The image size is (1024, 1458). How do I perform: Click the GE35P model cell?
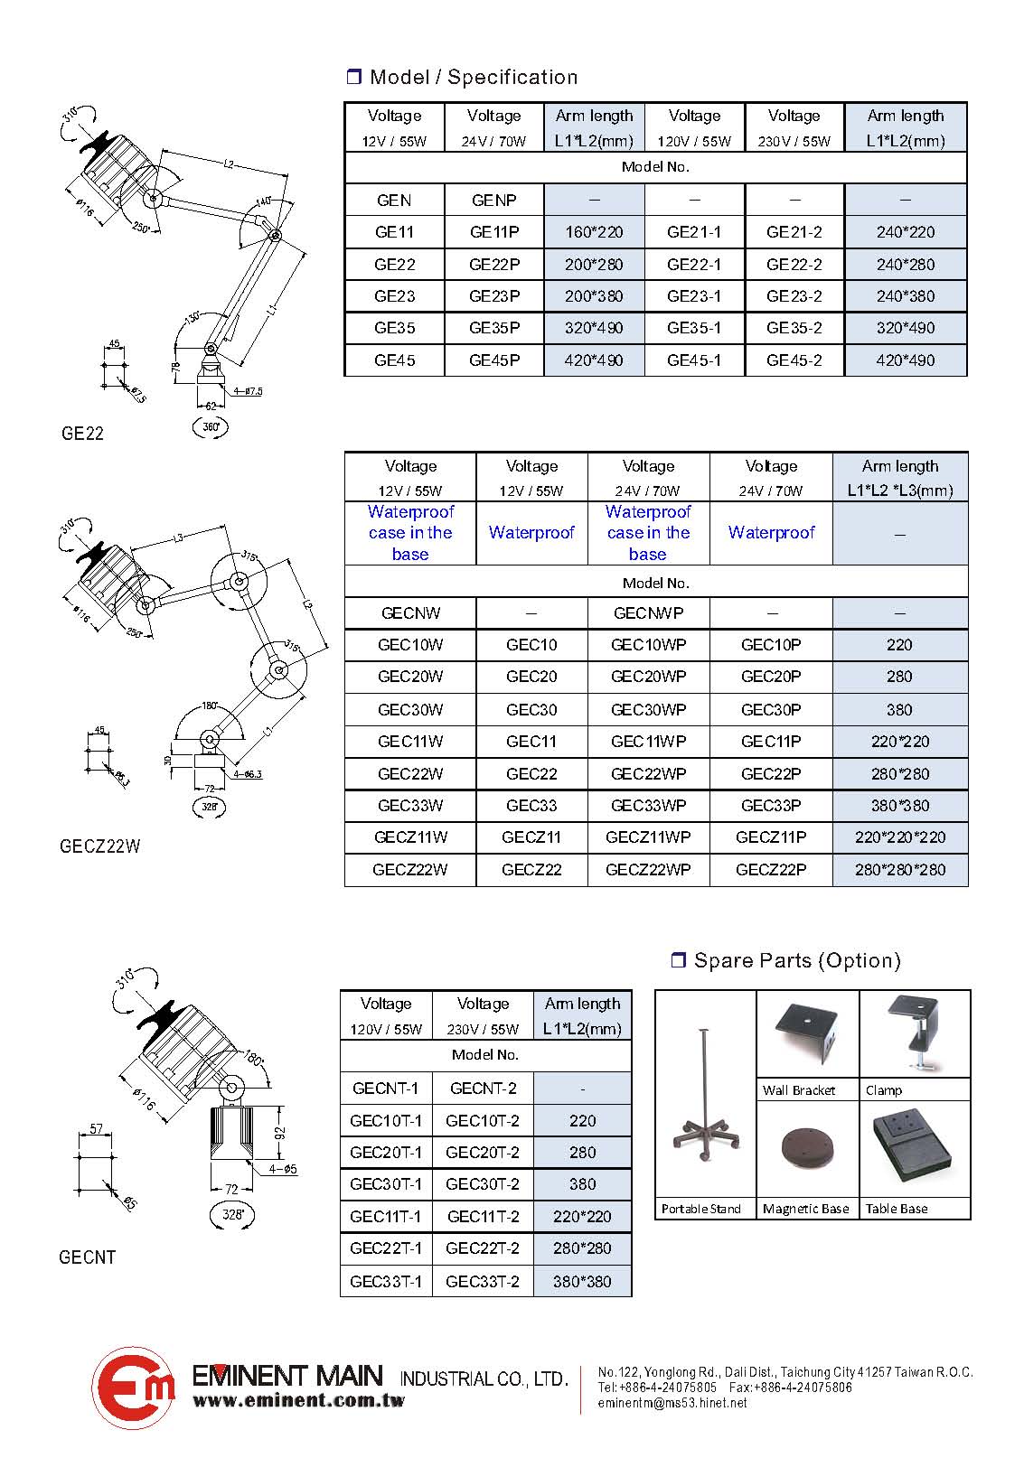coord(493,328)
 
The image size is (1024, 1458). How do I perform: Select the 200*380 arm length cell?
coord(594,296)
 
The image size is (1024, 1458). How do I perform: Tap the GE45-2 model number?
coord(794,360)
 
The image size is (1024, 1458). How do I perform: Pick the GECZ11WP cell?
coord(648,837)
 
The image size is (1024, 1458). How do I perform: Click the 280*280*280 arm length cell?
coord(899,870)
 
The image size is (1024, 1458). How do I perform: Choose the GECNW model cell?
coord(410,613)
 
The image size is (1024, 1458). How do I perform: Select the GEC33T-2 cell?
coord(483,1281)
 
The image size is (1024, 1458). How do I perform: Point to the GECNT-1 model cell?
coord(386,1089)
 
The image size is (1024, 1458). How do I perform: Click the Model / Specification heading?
coord(473,78)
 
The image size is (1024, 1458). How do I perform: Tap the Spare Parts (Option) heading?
coord(796,960)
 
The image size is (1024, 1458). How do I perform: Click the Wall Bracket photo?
coord(807,1034)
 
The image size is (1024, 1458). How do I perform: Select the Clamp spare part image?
coord(915,1033)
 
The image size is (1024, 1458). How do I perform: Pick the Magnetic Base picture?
coord(806,1149)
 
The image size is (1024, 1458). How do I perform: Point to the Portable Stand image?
coord(705,1098)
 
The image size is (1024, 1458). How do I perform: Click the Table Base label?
coord(897,1209)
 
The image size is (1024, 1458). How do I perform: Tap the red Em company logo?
coord(133,1388)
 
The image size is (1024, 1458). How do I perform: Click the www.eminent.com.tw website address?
coord(298,1401)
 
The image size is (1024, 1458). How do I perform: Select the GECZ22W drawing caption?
coord(100,846)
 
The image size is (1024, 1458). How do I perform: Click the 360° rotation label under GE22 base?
coord(211,426)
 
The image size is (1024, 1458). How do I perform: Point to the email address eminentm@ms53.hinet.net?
coord(672,1403)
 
